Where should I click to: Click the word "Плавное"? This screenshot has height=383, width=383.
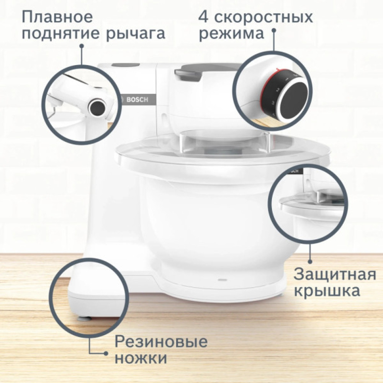coord(57,17)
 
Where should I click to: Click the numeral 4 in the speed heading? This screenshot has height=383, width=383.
coord(204,17)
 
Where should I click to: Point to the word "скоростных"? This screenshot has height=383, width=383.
coord(264,17)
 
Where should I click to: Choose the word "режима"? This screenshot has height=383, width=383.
coord(232,34)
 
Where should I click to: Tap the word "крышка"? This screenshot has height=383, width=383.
coord(327,291)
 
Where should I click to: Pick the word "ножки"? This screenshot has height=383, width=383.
coord(141,359)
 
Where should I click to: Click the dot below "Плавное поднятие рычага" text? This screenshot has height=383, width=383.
coord(81,46)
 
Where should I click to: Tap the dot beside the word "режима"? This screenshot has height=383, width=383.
coord(274,34)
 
